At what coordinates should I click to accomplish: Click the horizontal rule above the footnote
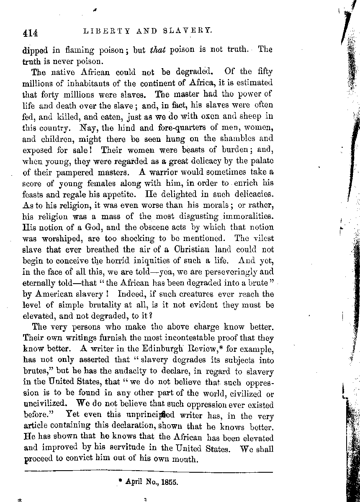tap(148, 472)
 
